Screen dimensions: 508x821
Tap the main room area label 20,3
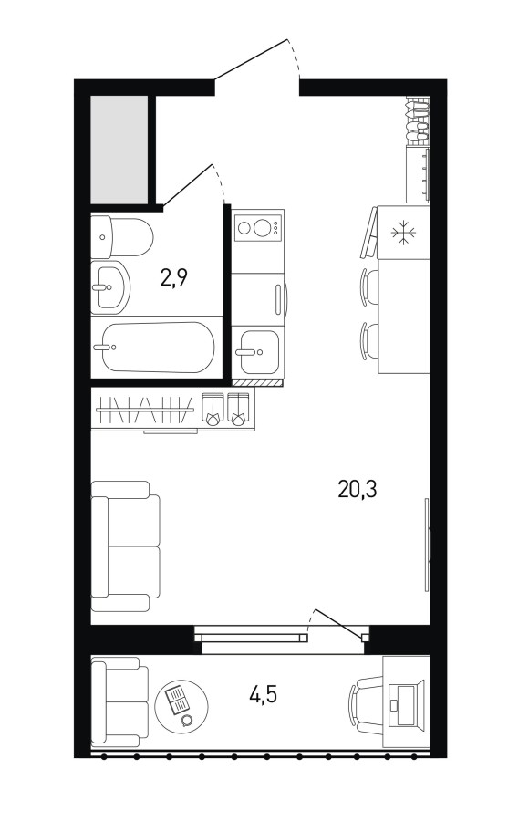tap(358, 490)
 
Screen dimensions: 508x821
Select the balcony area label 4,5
tap(263, 694)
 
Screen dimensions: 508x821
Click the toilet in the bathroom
tap(122, 236)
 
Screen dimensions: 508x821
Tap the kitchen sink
tap(256, 352)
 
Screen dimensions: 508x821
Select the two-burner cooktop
tap(258, 228)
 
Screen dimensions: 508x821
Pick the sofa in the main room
tap(125, 546)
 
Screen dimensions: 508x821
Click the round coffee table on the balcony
tap(181, 706)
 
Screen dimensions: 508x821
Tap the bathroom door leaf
tap(188, 185)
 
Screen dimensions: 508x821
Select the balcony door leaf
tap(337, 622)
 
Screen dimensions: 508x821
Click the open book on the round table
tap(177, 699)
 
